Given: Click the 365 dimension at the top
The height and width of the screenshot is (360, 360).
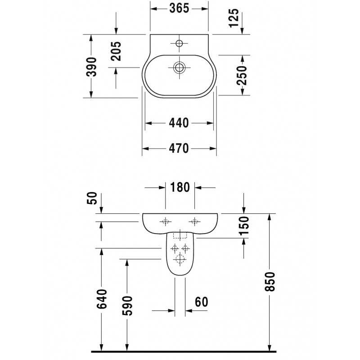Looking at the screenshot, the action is [x=179, y=9].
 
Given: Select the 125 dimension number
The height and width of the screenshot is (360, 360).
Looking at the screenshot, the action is [x=234, y=18].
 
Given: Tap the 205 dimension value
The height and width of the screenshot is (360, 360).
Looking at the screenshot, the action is [x=116, y=51].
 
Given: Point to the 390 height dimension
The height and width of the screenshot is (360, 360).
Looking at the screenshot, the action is [x=91, y=67].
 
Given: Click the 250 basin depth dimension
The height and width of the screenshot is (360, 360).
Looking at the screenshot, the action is [x=242, y=75].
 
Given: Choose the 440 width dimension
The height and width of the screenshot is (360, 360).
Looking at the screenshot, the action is [x=179, y=123].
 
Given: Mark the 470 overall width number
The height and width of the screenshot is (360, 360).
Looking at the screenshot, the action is [x=179, y=148].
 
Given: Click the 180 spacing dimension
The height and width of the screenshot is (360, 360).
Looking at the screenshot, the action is [x=180, y=187].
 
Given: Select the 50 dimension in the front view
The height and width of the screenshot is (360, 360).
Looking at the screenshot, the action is [x=92, y=198].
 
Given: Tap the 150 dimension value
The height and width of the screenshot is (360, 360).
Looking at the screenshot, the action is [x=244, y=226].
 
